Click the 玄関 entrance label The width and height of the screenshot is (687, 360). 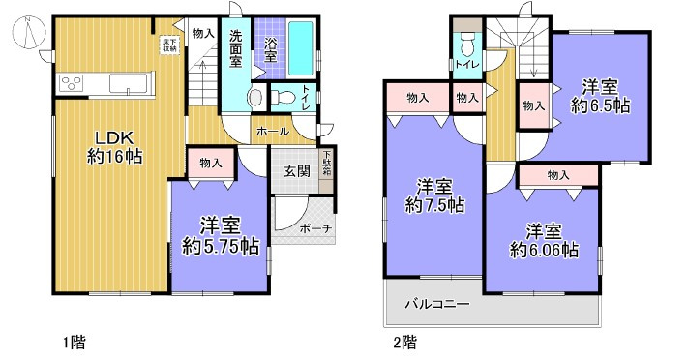pyautogui.click(x=295, y=171)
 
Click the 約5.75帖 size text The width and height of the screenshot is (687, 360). pyautogui.click(x=221, y=247)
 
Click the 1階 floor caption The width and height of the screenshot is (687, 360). pyautogui.click(x=74, y=342)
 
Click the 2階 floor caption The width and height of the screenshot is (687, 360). pyautogui.click(x=404, y=342)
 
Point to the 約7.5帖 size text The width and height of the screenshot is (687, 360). pyautogui.click(x=433, y=205)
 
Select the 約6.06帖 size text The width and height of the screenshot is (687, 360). pyautogui.click(x=545, y=251)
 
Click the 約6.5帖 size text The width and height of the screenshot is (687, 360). pyautogui.click(x=601, y=105)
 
